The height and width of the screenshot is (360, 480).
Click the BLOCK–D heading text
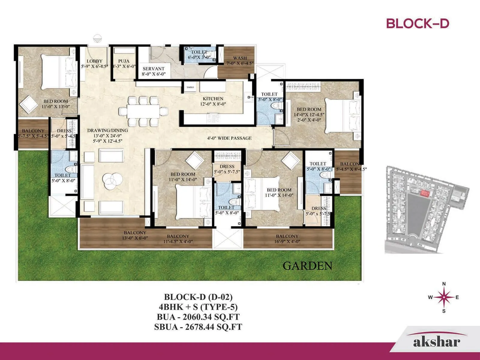click(417, 23)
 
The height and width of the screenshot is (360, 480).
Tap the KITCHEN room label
click(213, 98)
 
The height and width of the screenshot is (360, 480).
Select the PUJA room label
click(124, 61)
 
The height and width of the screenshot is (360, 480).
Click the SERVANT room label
click(154, 69)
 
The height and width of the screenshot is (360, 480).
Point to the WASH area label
click(240, 58)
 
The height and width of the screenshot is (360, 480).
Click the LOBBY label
click(94, 61)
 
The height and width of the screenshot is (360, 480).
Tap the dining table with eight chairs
click(143, 111)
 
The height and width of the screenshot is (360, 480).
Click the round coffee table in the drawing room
click(112, 181)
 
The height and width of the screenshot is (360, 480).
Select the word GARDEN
click(307, 266)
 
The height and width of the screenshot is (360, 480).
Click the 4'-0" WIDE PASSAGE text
click(229, 138)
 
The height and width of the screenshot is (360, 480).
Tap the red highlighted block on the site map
click(424, 193)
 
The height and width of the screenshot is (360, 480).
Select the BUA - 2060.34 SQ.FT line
click(198, 317)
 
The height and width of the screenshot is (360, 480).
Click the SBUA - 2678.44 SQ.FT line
click(198, 327)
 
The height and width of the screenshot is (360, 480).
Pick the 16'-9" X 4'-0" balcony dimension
click(287, 241)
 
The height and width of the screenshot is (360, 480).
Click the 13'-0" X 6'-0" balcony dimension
click(135, 238)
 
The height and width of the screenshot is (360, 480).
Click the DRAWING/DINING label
click(107, 130)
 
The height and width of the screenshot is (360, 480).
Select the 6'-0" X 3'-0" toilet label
click(199, 57)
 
